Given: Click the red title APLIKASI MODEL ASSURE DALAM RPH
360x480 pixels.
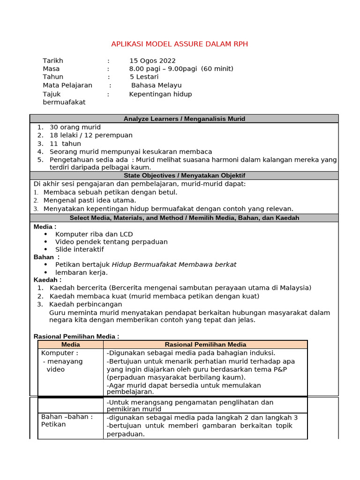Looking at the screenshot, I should [180, 44].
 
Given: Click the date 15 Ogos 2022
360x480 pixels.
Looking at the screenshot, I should [152, 60].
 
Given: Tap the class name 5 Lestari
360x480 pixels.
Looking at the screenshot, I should [144, 77].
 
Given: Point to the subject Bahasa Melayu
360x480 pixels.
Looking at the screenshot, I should [156, 85].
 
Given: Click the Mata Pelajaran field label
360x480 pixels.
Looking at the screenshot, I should [67, 85].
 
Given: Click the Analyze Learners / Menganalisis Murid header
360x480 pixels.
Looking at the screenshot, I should [184, 119].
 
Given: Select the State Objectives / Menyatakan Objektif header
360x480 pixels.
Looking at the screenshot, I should [184, 175].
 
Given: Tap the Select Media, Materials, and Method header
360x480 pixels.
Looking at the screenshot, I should [184, 218].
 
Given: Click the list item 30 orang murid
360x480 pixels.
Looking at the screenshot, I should [75, 127].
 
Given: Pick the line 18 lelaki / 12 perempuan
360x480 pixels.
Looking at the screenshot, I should [91, 135].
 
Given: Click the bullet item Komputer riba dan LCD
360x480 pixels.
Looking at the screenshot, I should [94, 234].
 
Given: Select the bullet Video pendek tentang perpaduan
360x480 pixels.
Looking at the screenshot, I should [111, 242].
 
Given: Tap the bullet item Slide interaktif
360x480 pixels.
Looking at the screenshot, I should [79, 249].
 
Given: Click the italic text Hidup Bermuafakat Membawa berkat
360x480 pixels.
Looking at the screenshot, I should [174, 264].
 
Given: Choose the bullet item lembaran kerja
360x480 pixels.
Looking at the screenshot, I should [81, 272].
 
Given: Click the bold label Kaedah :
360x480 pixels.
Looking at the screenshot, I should [47, 280].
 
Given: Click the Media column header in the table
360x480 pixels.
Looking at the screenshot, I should [71, 345].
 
